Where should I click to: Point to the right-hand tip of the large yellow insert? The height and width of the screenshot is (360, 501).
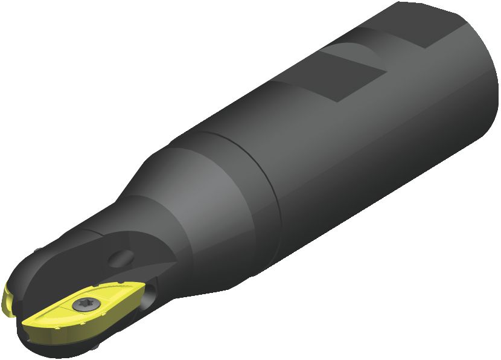tap(142, 291)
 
